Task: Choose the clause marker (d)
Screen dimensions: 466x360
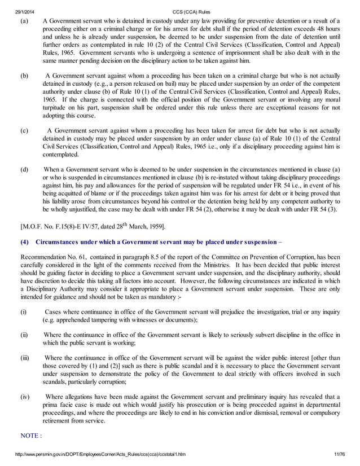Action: click(x=24, y=169)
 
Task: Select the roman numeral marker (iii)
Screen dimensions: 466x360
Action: click(x=24, y=358)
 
